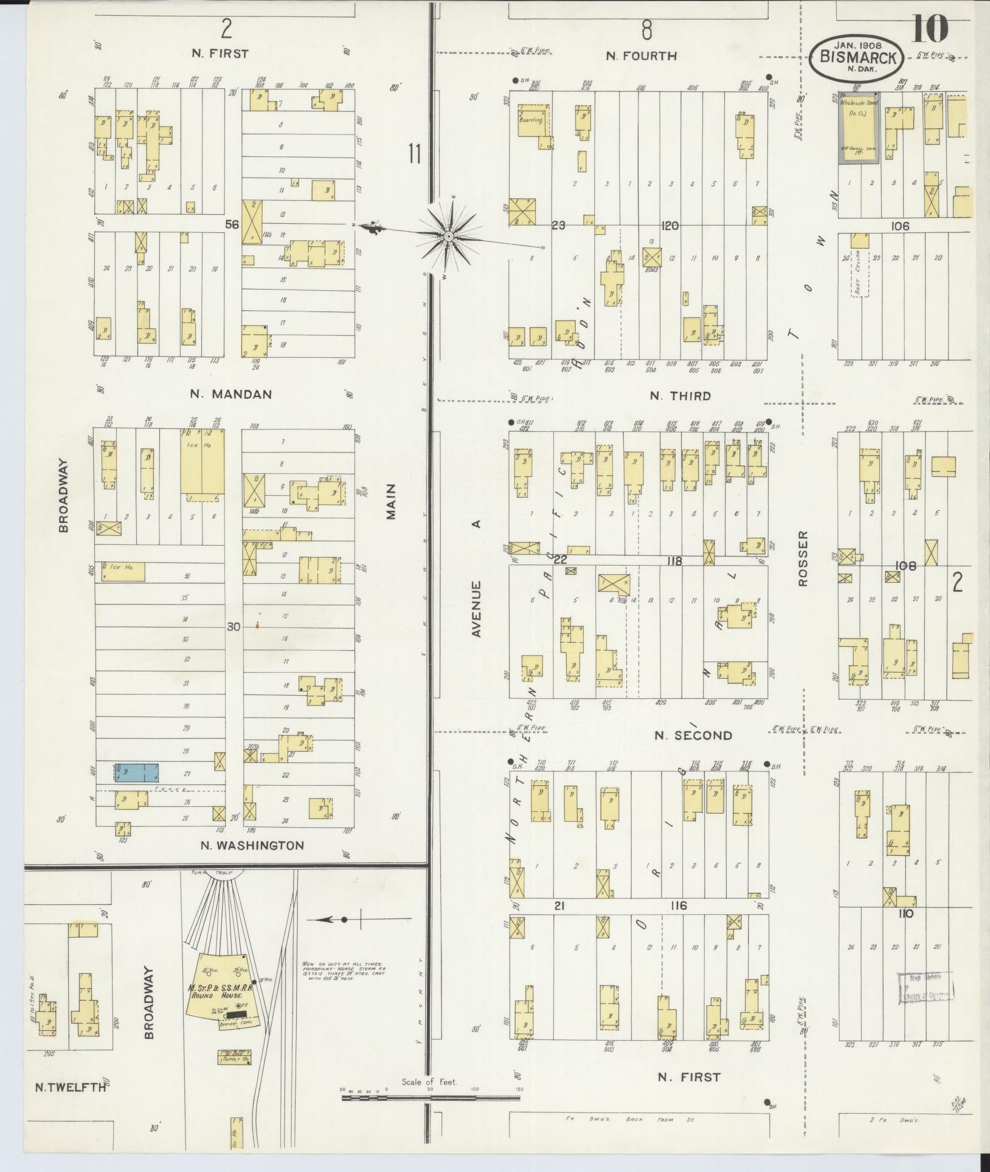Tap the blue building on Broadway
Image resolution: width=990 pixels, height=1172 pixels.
137,772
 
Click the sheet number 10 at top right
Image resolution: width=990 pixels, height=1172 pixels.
929,29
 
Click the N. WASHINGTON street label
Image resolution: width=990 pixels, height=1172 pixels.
252,845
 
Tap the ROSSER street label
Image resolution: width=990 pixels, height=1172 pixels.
803,558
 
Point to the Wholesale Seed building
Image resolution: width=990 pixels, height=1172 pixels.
859,128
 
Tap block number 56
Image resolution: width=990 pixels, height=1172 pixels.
232,224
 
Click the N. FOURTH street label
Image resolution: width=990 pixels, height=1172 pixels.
641,56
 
